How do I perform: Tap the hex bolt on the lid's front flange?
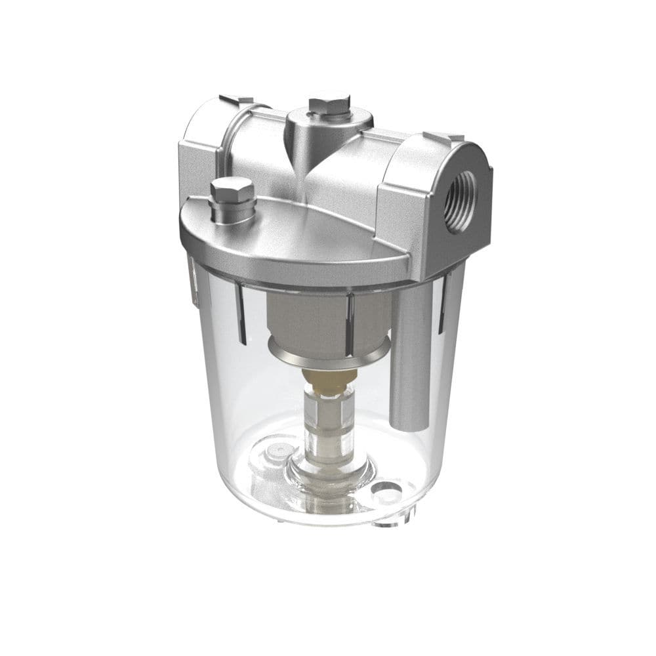[232, 191]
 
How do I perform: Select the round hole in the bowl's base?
[385, 489]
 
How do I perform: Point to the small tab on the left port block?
[236, 100]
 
